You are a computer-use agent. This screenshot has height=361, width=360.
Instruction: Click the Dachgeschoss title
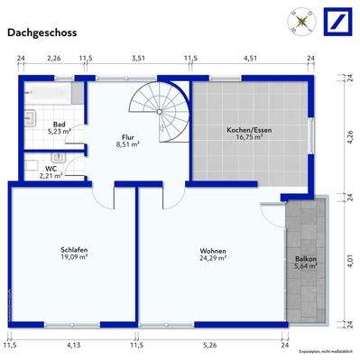pos(42,33)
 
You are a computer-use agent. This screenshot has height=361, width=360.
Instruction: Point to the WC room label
pos(51,169)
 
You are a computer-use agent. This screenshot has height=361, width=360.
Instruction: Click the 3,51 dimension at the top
pos(138,59)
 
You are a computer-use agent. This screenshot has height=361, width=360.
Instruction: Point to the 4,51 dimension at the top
pos(250,59)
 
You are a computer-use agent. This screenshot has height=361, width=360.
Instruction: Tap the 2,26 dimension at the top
pos(53,59)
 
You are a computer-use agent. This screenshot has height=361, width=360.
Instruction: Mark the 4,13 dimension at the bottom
pos(72,344)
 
